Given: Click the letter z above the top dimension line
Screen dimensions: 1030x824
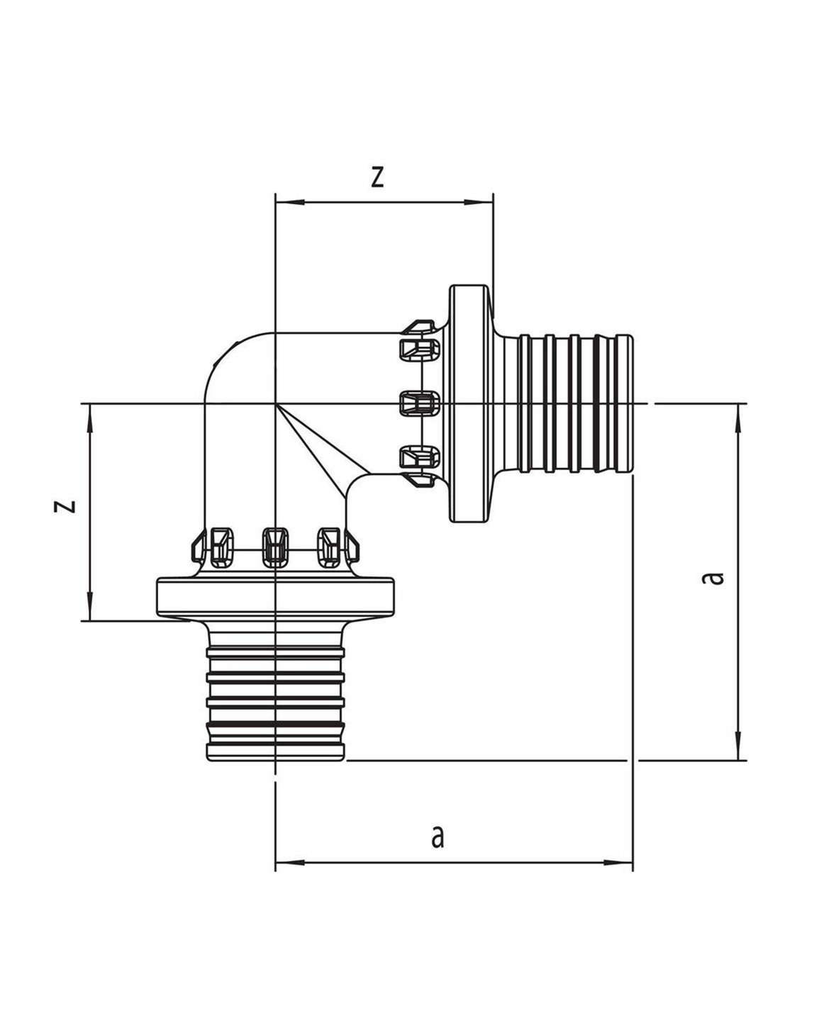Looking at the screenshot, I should point(377,177).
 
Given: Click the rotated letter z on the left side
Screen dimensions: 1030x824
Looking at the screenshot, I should point(66,505).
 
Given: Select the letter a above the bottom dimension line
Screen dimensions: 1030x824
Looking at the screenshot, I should point(438,836).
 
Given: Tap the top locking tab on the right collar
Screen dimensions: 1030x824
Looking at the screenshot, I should point(420,347).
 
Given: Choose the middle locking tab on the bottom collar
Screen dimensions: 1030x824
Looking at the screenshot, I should point(275,547).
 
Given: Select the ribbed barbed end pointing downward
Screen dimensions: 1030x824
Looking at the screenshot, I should point(275,702).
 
